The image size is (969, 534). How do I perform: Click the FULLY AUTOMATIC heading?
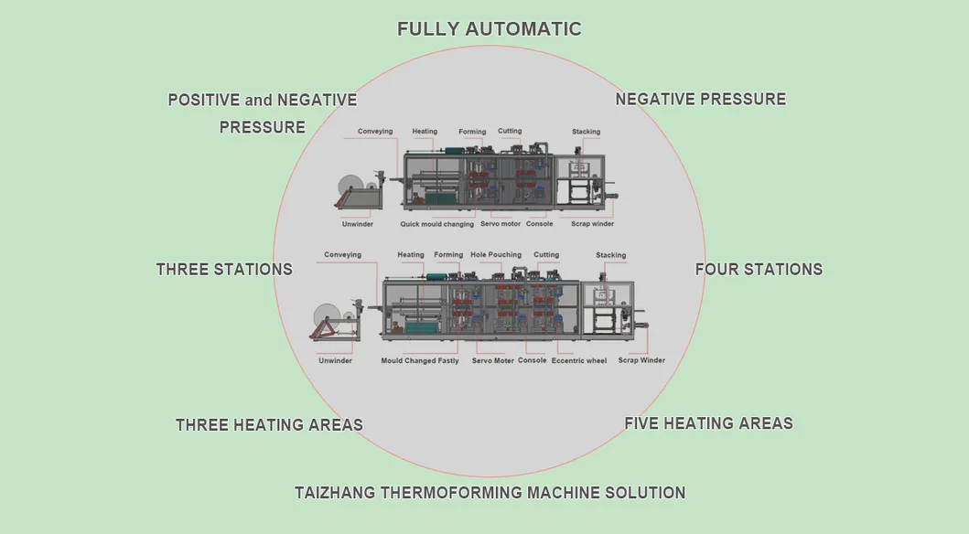[x=489, y=29]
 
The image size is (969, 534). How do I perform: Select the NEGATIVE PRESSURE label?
[x=700, y=100]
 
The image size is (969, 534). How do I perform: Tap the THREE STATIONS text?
[x=224, y=270]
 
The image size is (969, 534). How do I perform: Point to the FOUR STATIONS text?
[x=759, y=270]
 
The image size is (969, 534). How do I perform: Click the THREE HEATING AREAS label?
[x=269, y=425]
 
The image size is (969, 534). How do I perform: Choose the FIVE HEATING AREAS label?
[x=708, y=423]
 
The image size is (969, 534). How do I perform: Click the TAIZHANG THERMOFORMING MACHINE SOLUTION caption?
[x=490, y=493]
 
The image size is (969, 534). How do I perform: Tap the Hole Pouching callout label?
[x=496, y=255]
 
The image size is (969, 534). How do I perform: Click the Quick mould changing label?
[x=437, y=224]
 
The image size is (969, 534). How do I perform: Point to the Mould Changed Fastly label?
[x=420, y=361]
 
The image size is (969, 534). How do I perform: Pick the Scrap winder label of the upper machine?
[x=591, y=224]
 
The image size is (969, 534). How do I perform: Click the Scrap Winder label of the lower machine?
[x=641, y=360]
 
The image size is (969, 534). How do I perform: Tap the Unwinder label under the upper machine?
[x=357, y=224]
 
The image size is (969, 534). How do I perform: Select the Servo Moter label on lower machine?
[x=492, y=361]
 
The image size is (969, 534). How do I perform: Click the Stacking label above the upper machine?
[x=586, y=132]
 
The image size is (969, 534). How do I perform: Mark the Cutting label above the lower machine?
[x=546, y=255]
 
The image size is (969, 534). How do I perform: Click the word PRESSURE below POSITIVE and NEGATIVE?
[x=263, y=127]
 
